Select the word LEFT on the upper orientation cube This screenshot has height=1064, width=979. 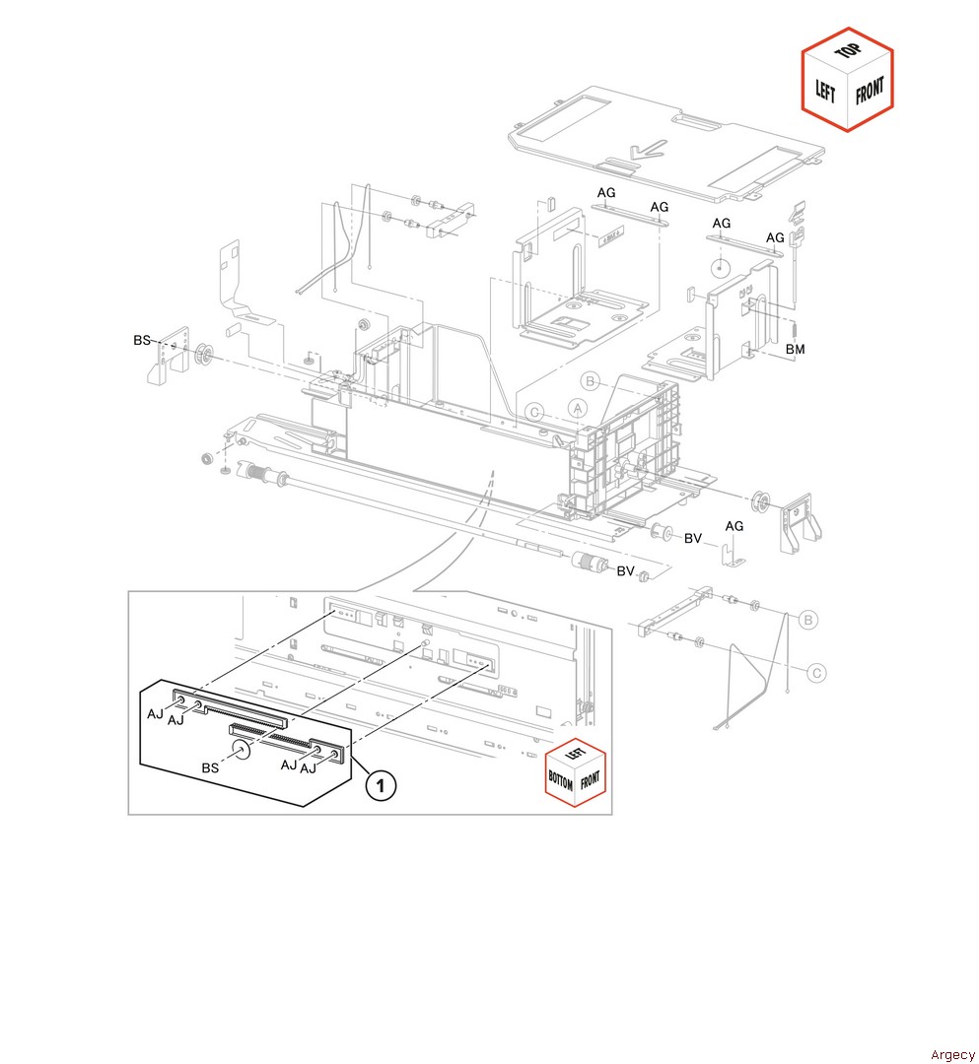coord(825,94)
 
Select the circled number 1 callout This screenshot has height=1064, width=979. coord(382,785)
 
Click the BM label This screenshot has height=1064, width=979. coord(795,350)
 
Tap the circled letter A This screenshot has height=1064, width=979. coord(578,407)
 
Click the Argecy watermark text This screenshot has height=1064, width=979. coord(952,1055)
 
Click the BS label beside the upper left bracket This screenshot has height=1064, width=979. coord(142,340)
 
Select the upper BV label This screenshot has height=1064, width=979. coord(692,538)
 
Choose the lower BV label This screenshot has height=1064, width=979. coord(625,571)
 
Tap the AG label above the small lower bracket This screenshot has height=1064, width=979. coord(734,526)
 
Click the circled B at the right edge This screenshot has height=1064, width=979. coord(807,620)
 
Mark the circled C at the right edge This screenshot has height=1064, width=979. coord(816,673)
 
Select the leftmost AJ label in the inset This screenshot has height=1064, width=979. coord(156,713)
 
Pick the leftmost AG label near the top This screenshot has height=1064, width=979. coord(605,192)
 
